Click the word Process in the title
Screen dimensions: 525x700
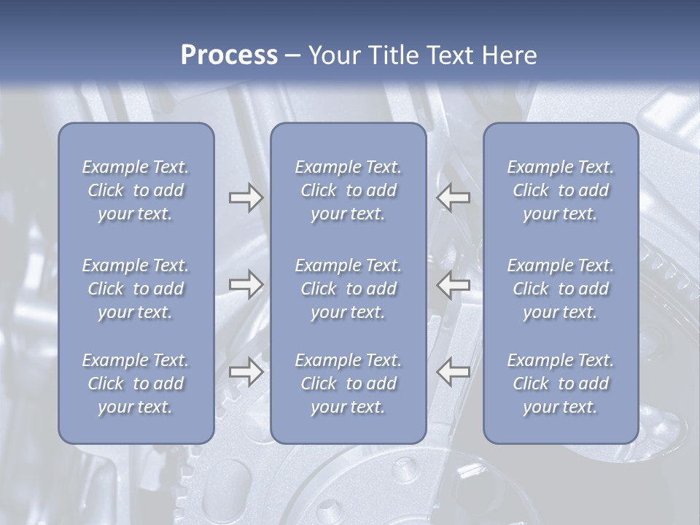coord(229,55)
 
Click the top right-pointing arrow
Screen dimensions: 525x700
coord(246,198)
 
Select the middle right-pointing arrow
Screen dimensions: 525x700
coord(246,284)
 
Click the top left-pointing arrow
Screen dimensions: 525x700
coord(454,198)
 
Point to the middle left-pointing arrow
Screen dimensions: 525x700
coord(454,284)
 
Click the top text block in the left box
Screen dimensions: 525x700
coord(136,190)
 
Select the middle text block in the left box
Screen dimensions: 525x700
coord(136,289)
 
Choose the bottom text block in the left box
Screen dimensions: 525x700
coord(136,384)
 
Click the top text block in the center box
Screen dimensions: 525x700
coord(349,190)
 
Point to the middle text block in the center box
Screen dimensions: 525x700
coord(349,289)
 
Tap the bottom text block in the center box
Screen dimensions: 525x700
coord(349,384)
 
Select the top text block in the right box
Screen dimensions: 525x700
coord(561,190)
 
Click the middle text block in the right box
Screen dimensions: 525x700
coord(561,289)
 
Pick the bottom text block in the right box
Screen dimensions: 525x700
coord(561,384)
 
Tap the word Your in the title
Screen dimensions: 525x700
coord(332,55)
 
